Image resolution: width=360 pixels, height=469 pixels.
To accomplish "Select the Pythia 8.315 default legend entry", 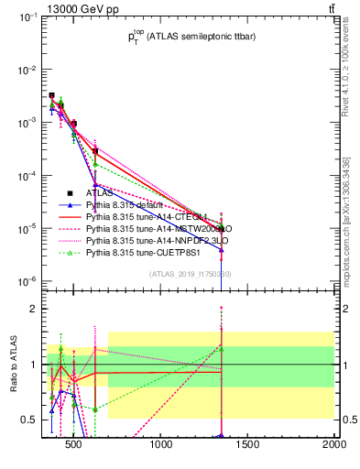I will (x=127, y=205).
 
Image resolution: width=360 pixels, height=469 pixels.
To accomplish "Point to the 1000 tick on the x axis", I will (x=162, y=446).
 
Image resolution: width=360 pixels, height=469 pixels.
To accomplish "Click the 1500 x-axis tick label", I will (x=248, y=446).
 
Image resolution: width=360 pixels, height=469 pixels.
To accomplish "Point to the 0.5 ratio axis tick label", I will (x=27, y=420).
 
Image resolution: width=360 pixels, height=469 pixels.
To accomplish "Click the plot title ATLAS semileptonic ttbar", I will (x=188, y=37).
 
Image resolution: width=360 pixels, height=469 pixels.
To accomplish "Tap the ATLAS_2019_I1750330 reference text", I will (x=191, y=274).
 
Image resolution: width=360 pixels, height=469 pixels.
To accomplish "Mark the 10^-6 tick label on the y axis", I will (x=27, y=280).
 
